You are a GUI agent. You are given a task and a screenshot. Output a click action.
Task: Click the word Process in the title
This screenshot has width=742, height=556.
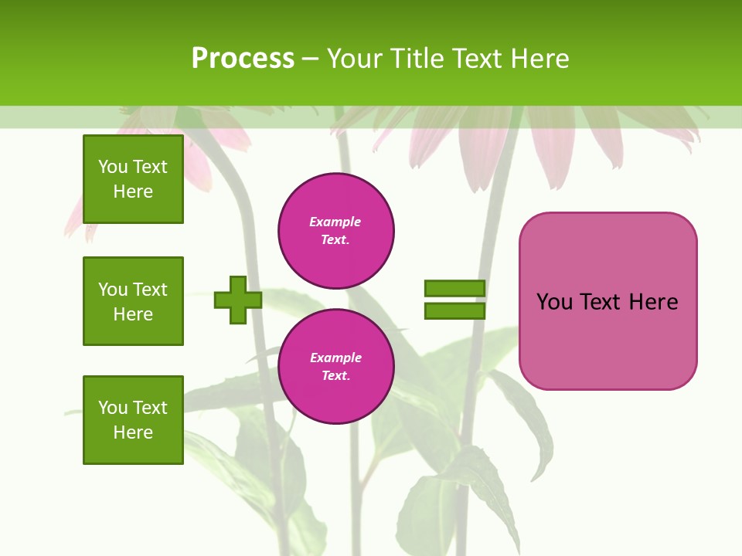[243, 59]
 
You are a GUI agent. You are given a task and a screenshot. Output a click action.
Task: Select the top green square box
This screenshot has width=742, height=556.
[133, 179]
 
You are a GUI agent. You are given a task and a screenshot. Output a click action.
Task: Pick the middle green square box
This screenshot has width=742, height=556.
[133, 301]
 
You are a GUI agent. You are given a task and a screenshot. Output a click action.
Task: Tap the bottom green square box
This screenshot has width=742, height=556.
[133, 419]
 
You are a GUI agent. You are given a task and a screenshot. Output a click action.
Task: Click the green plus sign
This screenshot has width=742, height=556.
[238, 300]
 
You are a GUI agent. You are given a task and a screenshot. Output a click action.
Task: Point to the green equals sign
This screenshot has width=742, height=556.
[454, 300]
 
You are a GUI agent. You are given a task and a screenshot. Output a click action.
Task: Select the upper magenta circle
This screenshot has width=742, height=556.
[336, 231]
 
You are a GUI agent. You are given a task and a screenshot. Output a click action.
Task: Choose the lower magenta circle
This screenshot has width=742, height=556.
[336, 367]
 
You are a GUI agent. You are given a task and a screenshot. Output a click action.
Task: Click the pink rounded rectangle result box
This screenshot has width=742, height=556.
[608, 301]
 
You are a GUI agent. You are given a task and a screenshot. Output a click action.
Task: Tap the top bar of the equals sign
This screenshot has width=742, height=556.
[454, 288]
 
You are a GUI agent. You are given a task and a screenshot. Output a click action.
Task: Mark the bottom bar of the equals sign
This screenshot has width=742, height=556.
[454, 311]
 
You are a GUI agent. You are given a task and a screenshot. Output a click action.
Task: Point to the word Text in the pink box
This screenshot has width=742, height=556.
[601, 302]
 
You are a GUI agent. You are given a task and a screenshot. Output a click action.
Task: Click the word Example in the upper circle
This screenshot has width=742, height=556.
[335, 222]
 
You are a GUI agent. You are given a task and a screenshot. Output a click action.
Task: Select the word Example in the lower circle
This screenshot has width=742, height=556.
[335, 358]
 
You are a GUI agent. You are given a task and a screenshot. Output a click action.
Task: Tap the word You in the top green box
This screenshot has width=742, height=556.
[113, 167]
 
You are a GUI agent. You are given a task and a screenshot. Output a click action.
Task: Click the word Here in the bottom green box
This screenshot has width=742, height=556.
[133, 432]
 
